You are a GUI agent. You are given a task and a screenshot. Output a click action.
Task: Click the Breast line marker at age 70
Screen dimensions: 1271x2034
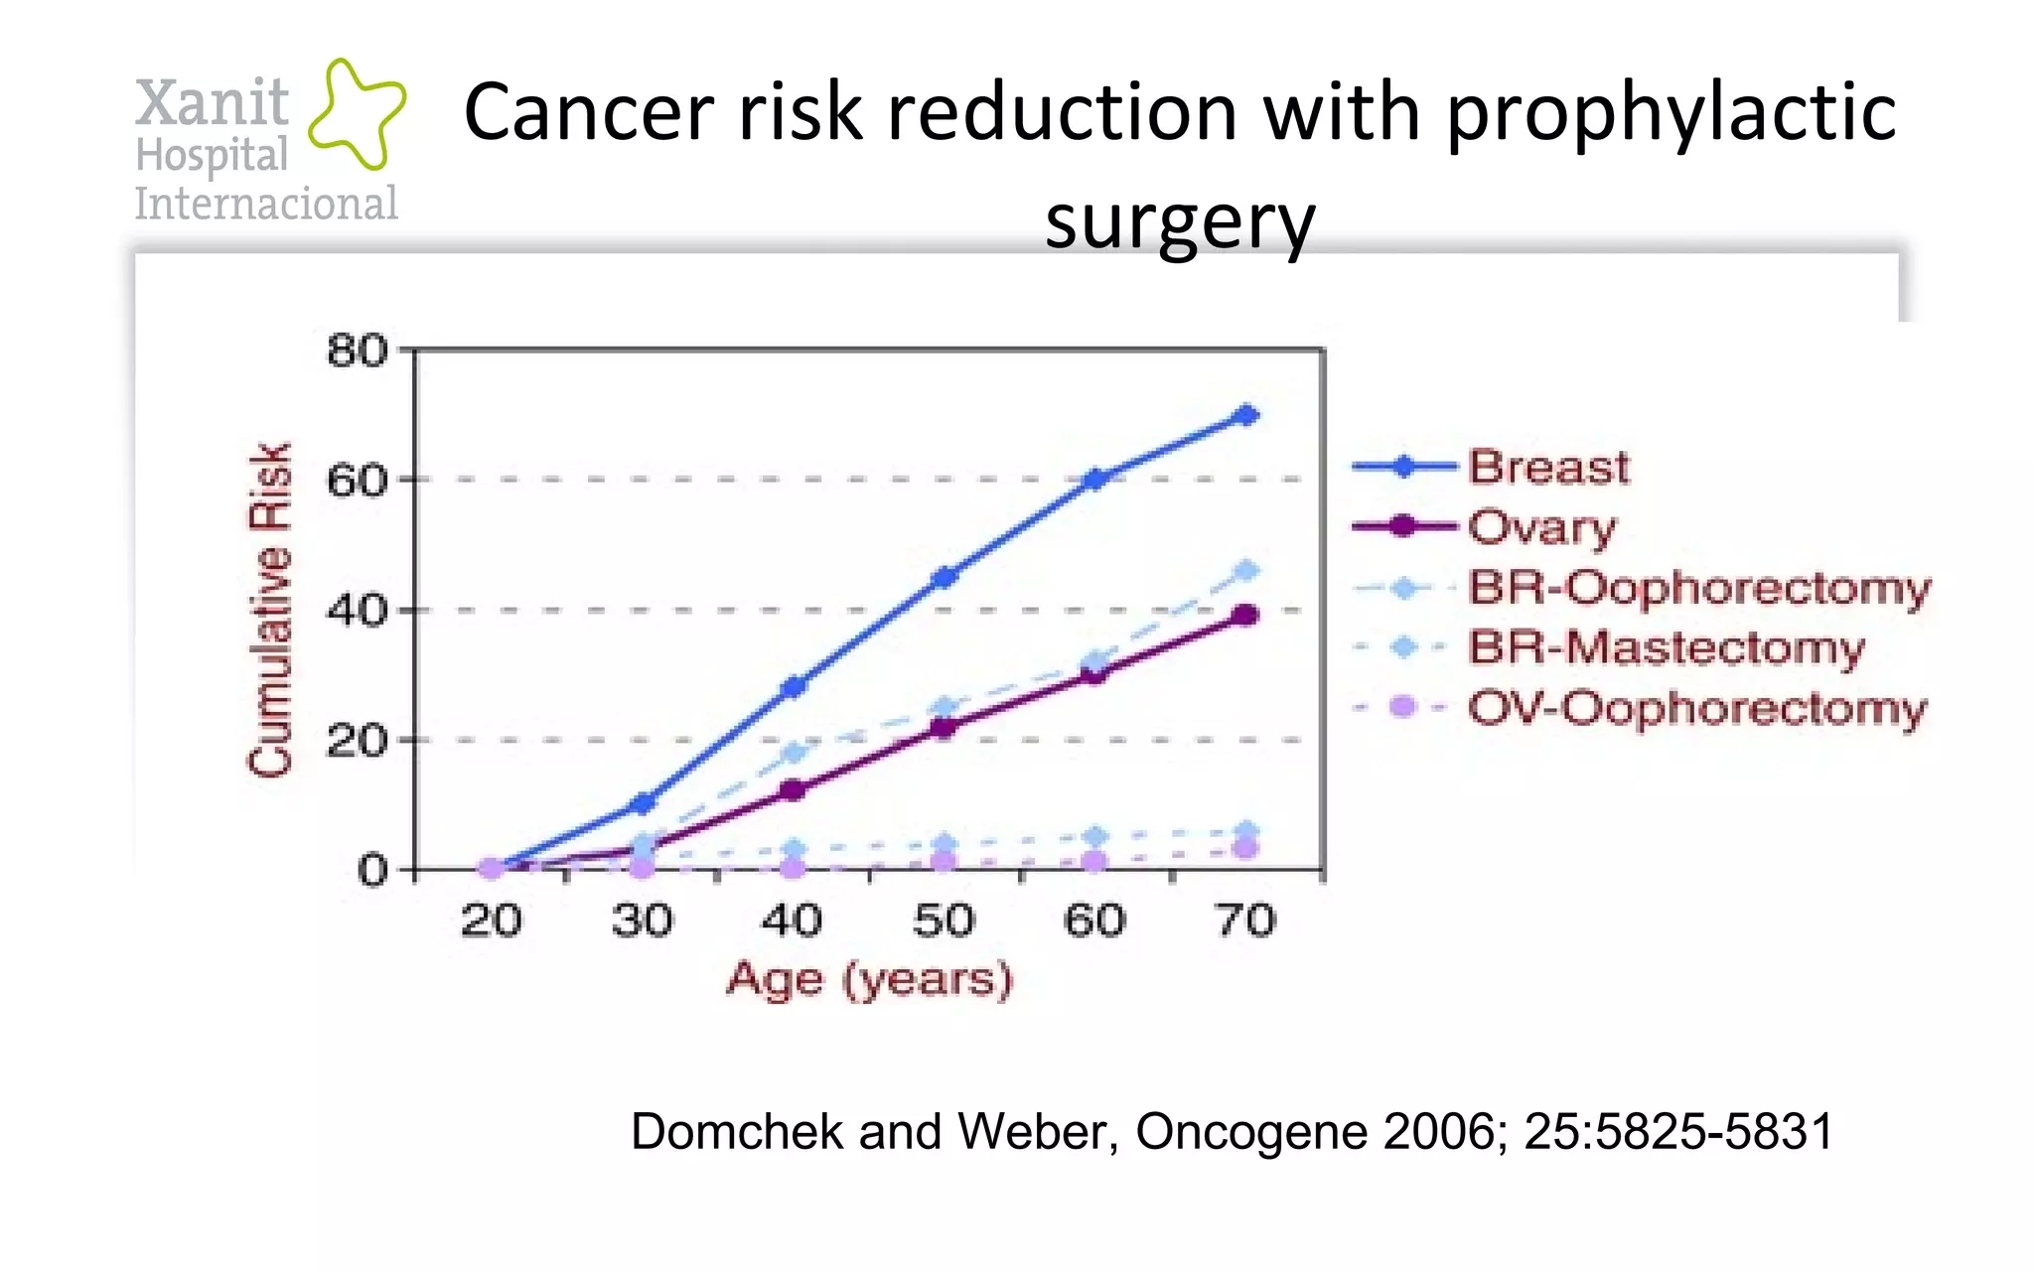coord(1246,415)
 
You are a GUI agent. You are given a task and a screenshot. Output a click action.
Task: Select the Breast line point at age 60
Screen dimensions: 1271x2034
coord(1094,480)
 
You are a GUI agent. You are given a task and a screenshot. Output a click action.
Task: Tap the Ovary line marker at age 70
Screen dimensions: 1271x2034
coord(1245,616)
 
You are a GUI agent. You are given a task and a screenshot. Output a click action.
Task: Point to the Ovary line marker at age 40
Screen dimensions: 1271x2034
coord(793,790)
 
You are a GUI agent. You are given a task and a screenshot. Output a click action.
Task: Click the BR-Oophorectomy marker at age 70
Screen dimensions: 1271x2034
coord(1246,570)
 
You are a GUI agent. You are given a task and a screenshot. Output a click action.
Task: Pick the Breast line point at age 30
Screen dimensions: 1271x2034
coord(643,803)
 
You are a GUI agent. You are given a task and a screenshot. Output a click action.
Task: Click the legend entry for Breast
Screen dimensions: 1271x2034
coord(1547,467)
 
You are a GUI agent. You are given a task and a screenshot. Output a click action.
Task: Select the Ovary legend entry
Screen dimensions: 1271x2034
coord(1541,527)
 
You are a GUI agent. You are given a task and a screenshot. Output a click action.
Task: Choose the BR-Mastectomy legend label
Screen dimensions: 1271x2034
coord(1666,647)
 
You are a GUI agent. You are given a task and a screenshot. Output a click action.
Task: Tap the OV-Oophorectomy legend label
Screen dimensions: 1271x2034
coord(1696,708)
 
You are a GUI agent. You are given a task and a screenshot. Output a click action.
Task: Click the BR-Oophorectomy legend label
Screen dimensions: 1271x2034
coord(1698,587)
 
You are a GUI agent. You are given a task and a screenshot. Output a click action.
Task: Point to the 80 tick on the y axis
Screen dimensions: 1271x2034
coord(358,352)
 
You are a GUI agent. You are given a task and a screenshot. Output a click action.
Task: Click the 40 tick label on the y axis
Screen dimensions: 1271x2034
coord(358,610)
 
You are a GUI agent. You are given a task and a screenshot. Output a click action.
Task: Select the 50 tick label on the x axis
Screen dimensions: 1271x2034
coord(944,921)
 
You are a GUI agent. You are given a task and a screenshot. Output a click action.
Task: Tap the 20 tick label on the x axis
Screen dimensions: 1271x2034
coord(491,921)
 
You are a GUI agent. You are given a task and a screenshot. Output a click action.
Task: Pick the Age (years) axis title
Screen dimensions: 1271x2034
coord(869,980)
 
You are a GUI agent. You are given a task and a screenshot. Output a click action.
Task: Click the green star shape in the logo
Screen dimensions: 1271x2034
coord(356,112)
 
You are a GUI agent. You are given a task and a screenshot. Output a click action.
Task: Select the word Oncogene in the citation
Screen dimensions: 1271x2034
coord(1250,1131)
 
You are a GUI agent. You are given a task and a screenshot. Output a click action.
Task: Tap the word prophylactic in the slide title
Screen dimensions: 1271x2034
coord(1671,112)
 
